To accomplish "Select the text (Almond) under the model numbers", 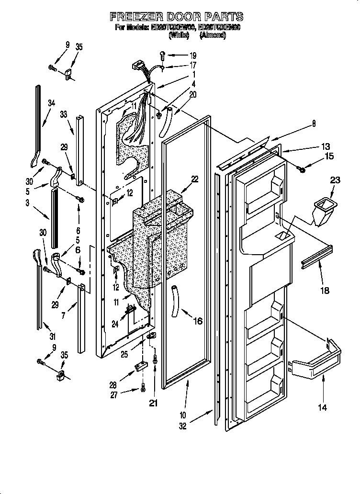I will point(213,35).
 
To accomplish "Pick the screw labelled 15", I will point(302,168).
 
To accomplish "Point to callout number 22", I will point(194,180).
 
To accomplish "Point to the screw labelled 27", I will point(143,390).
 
